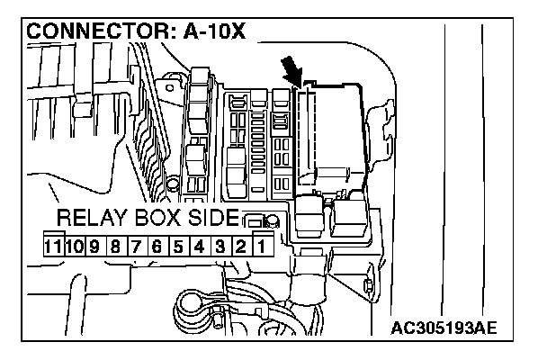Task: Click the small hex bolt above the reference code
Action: (369, 287)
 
